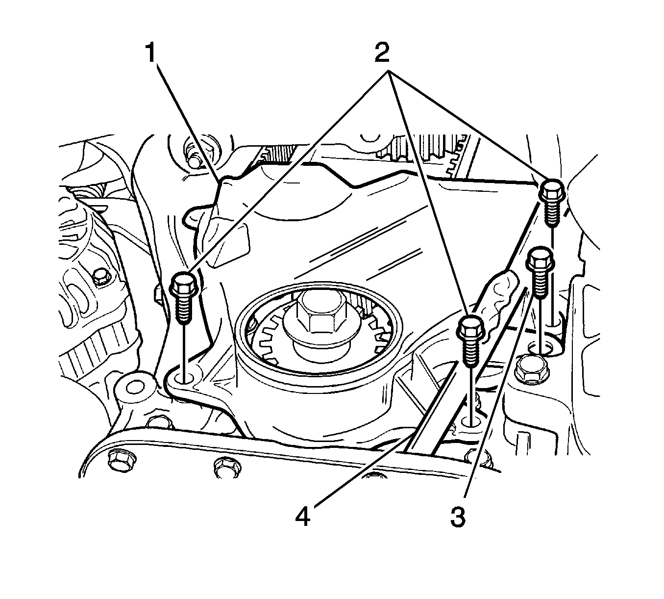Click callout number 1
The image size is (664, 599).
tap(153, 52)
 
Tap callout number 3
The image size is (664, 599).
tap(458, 517)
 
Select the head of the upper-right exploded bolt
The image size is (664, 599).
tap(552, 189)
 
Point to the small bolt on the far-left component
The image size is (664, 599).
tap(101, 277)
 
